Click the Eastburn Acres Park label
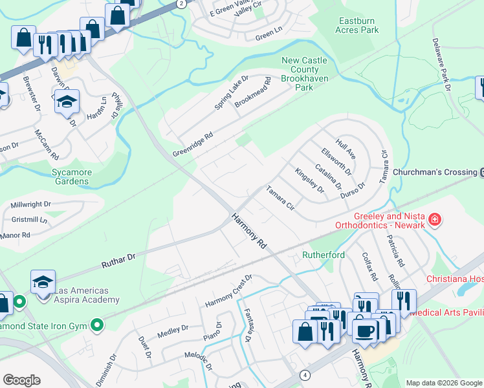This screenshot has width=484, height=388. pyautogui.click(x=358, y=25)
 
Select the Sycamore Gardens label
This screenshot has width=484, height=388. pyautogui.click(x=72, y=177)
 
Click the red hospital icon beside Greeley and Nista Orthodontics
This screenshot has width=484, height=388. pyautogui.click(x=435, y=221)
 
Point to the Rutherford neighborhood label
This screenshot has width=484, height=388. pyautogui.click(x=323, y=255)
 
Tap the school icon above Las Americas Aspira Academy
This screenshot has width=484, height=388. pyautogui.click(x=43, y=282)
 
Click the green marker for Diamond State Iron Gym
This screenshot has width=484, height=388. pyautogui.click(x=97, y=324)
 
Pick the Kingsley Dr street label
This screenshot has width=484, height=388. pyautogui.click(x=309, y=180)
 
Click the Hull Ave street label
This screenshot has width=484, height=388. pyautogui.click(x=346, y=148)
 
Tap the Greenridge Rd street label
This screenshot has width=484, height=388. pyautogui.click(x=193, y=145)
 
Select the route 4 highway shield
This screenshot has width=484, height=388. pyautogui.click(x=304, y=375)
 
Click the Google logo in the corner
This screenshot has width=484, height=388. pyautogui.click(x=21, y=380)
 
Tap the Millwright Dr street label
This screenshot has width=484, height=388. pyautogui.click(x=30, y=204)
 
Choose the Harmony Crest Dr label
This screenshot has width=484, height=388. pyautogui.click(x=228, y=291)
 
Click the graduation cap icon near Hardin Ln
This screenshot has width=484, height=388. pyautogui.click(x=67, y=102)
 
